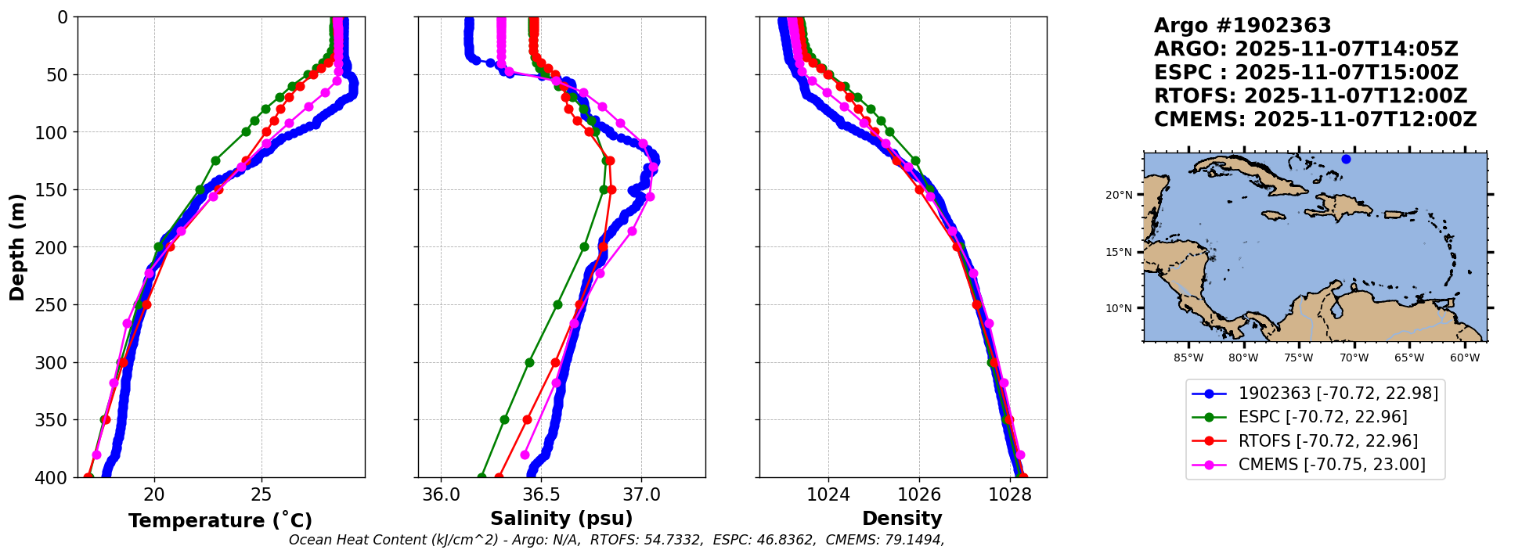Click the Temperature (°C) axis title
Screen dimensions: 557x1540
pyautogui.click(x=220, y=521)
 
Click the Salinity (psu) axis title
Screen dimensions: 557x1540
pyautogui.click(x=561, y=519)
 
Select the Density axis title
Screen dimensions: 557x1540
pyautogui.click(x=902, y=519)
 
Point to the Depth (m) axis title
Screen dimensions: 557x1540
pyautogui.click(x=17, y=247)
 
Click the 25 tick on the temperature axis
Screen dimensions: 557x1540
pyautogui.click(x=261, y=494)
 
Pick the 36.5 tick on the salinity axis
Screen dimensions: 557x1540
pyautogui.click(x=541, y=494)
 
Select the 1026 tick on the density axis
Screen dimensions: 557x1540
pyautogui.click(x=918, y=494)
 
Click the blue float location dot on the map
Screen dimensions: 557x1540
pyautogui.click(x=1346, y=160)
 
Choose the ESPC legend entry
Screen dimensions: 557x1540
pyautogui.click(x=1322, y=417)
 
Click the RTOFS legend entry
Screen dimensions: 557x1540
pyautogui.click(x=1328, y=441)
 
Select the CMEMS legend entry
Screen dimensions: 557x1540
pyautogui.click(x=1331, y=465)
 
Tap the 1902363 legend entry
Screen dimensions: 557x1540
pyautogui.click(x=1338, y=393)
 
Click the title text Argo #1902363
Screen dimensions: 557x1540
pyautogui.click(x=1242, y=26)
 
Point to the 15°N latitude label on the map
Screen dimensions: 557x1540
pyautogui.click(x=1119, y=253)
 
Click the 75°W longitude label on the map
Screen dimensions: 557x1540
pyautogui.click(x=1298, y=358)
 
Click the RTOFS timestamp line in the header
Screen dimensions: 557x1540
pyautogui.click(x=1310, y=96)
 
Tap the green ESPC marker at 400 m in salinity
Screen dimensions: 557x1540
pyautogui.click(x=481, y=476)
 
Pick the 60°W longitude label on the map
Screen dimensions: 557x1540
pyautogui.click(x=1465, y=358)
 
